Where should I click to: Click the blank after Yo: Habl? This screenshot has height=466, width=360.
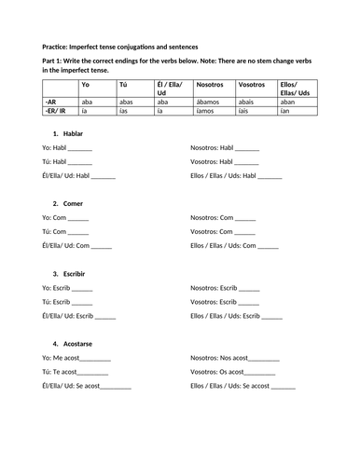80,148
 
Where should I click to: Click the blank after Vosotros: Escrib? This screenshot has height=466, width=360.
246,302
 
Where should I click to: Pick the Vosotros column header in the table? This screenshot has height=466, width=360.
253,85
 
